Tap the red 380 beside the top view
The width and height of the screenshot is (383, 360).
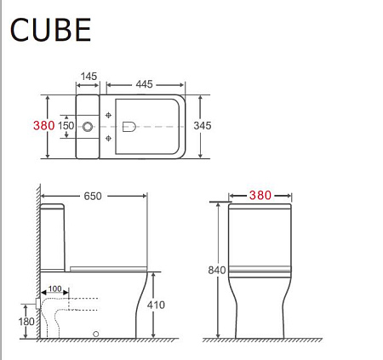point(43,125)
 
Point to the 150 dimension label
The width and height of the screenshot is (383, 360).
point(66,126)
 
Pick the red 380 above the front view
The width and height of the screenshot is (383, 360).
point(260,195)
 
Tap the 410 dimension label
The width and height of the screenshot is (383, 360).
point(155,305)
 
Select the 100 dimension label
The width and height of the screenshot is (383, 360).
point(55,289)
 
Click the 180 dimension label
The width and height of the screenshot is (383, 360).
point(26,321)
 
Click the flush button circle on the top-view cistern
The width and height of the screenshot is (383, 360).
point(88,126)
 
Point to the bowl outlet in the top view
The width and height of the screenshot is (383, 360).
point(129,126)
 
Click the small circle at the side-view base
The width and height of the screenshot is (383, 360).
point(96,333)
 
